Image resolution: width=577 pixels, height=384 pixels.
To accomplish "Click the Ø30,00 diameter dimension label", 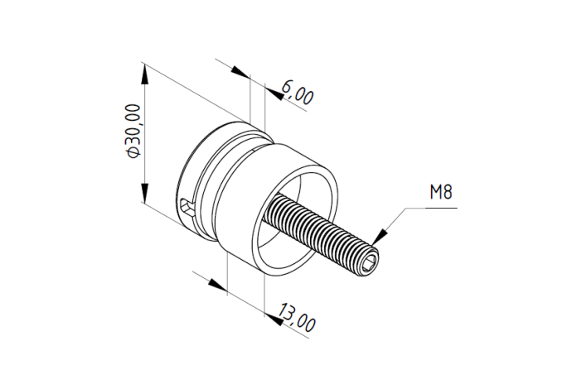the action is coord(133,132).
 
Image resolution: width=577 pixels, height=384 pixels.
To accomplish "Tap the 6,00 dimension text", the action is coord(298,93).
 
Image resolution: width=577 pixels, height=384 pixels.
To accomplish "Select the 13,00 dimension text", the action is coord(297,318).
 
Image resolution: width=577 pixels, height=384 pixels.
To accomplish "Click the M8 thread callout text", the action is coord(441,192).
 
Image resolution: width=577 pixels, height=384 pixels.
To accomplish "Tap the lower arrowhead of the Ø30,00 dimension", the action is coord(145,191).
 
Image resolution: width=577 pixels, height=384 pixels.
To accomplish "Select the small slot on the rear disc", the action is coord(187,207).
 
